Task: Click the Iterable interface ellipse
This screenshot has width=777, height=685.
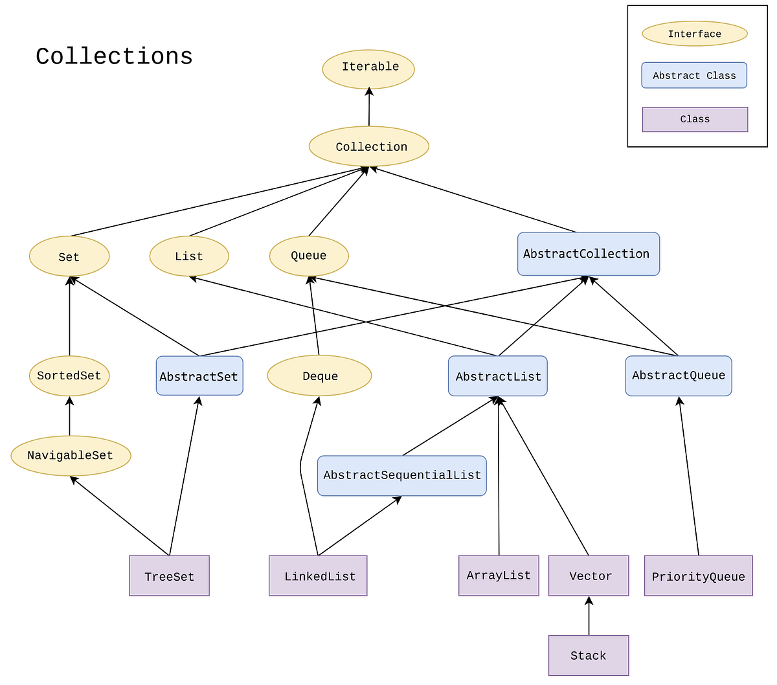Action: (368, 69)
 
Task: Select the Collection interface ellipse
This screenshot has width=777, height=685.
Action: (369, 146)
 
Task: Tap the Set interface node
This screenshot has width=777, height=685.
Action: (69, 256)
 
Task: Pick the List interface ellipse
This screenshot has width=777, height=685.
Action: (189, 256)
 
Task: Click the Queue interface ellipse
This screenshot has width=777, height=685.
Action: (309, 256)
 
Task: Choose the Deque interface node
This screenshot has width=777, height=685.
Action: (319, 376)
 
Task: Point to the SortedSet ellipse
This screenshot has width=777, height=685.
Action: (69, 376)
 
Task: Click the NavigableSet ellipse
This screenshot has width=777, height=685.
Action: (71, 456)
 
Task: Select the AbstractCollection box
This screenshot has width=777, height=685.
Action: (588, 254)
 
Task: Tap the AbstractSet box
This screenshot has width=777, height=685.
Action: (199, 376)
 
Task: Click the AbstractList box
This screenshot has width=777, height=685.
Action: (497, 376)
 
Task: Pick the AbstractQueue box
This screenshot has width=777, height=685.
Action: (678, 376)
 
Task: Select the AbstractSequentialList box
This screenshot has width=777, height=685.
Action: (401, 475)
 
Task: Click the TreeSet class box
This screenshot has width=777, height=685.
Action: (169, 576)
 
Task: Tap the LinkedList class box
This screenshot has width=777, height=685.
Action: (318, 576)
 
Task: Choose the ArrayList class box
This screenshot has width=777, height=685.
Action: (499, 575)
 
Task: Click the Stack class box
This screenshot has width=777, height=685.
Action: (589, 655)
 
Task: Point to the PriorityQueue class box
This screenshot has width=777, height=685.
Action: (698, 576)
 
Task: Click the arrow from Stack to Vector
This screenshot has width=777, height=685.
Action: (589, 616)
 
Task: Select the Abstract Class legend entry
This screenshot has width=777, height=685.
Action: (694, 75)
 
